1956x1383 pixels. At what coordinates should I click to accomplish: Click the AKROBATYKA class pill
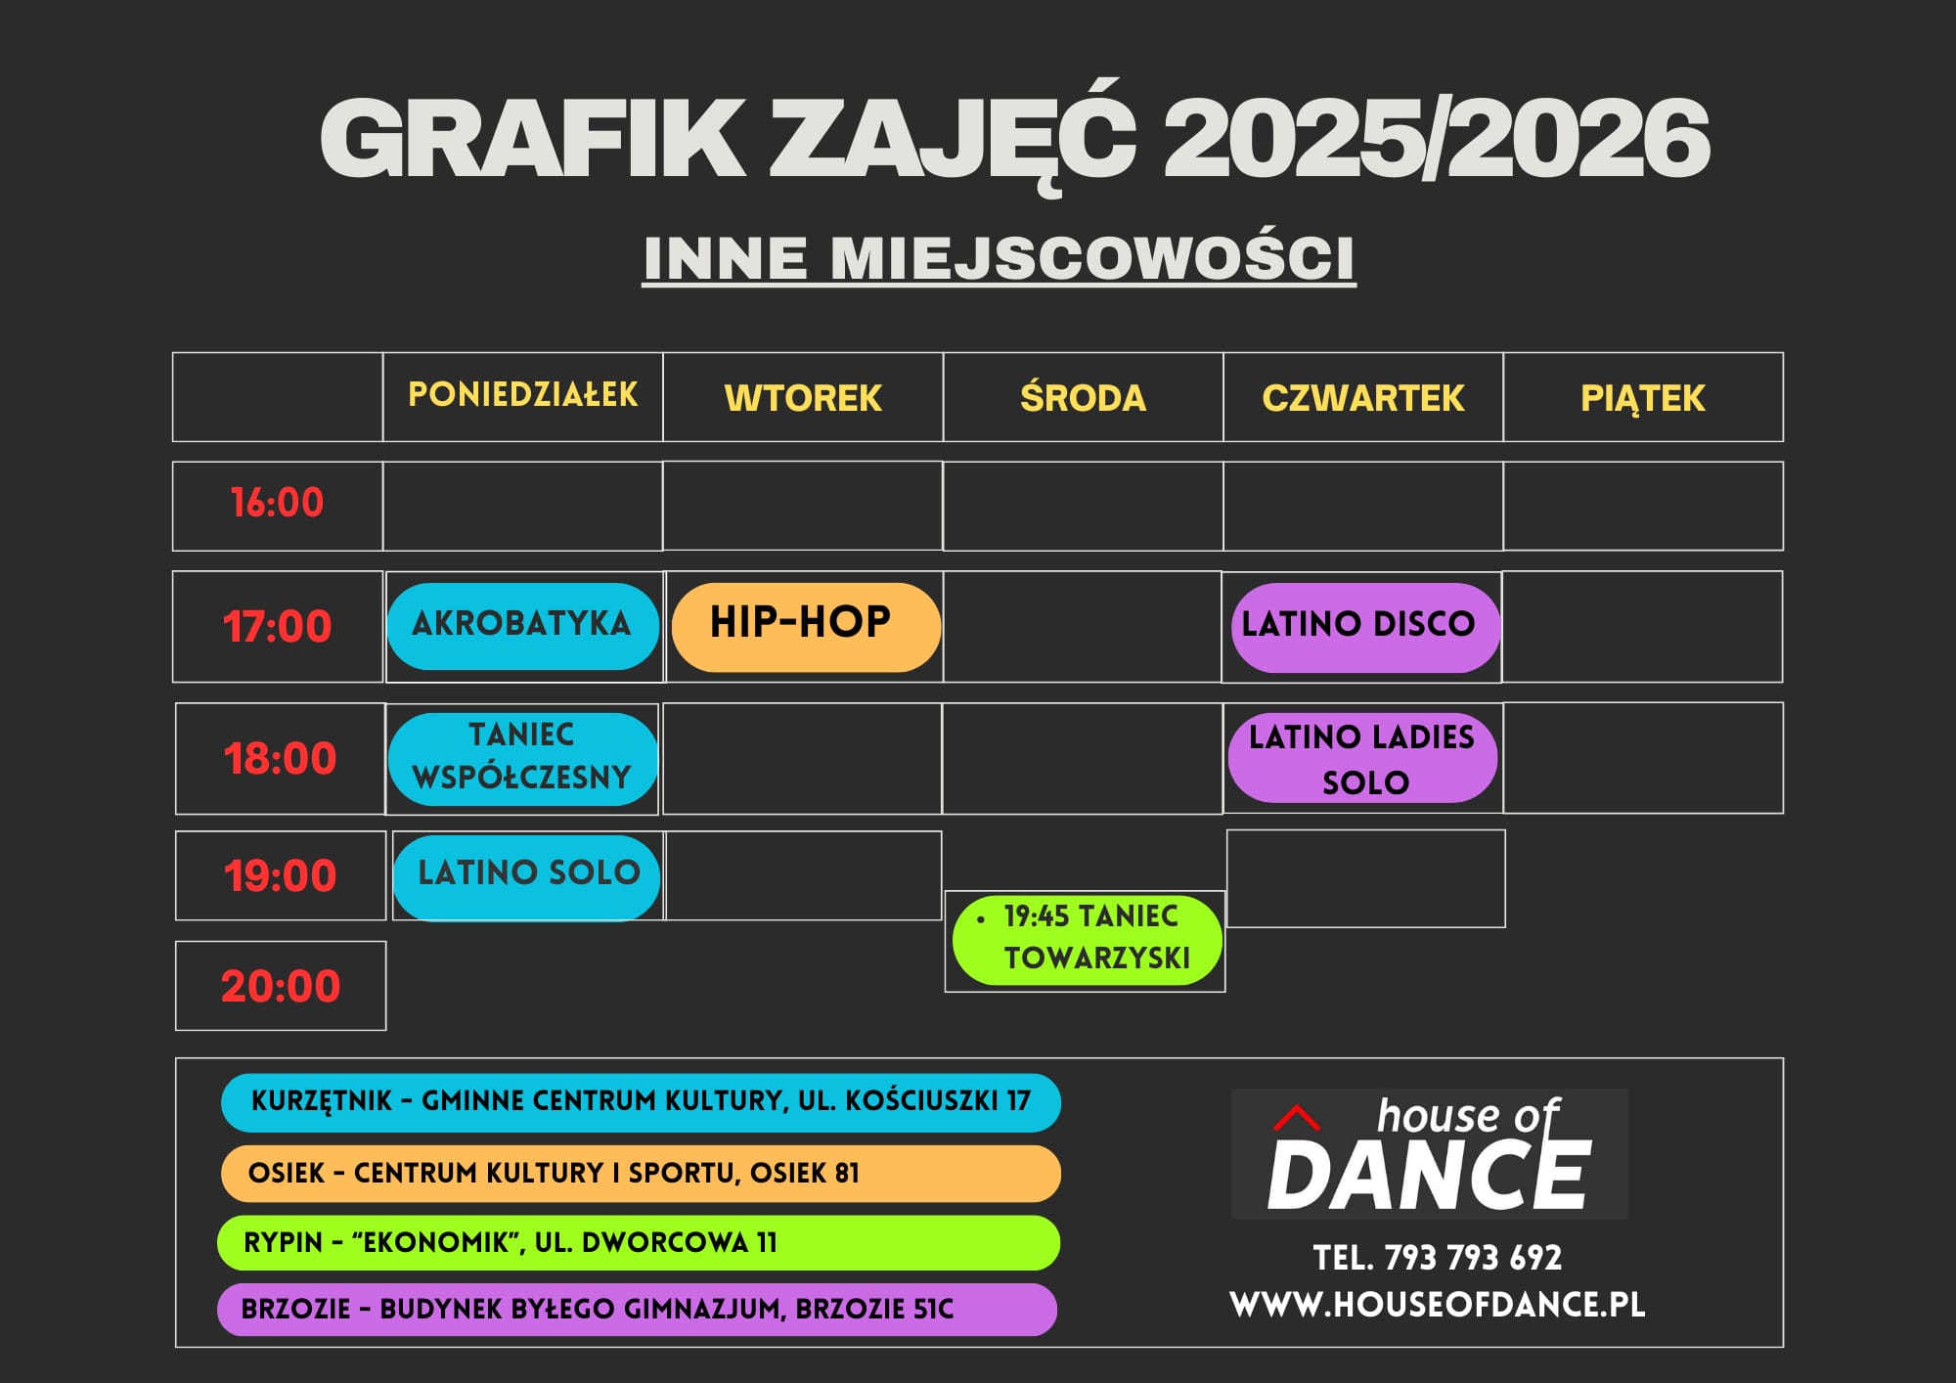click(x=523, y=626)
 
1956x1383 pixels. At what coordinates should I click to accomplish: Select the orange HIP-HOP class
click(x=806, y=627)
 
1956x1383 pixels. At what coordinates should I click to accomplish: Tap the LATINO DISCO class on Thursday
click(x=1365, y=627)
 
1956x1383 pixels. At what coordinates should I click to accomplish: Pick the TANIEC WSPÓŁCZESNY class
click(x=523, y=759)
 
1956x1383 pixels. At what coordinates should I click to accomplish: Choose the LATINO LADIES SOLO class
click(x=1362, y=758)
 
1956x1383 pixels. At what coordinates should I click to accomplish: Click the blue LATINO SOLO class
click(x=527, y=877)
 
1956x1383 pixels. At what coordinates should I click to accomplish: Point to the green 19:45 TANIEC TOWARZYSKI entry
click(x=1088, y=939)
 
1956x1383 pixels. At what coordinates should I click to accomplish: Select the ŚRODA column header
click(x=1083, y=398)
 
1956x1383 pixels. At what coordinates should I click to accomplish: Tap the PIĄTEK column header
click(x=1643, y=399)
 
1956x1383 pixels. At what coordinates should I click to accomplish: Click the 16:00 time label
click(x=277, y=503)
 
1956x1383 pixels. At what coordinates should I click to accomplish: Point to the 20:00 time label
click(x=281, y=986)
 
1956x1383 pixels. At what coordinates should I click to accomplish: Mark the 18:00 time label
click(x=281, y=758)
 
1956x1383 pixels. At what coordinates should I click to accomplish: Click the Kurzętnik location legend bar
click(x=641, y=1102)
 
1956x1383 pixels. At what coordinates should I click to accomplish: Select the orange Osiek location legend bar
click(x=641, y=1174)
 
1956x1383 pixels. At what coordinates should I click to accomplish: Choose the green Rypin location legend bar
click(x=639, y=1242)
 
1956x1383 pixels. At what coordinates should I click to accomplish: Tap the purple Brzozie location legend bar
click(x=637, y=1310)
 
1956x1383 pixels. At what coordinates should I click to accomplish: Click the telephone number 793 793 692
click(x=1473, y=1258)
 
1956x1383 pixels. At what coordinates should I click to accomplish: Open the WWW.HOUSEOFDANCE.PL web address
click(x=1438, y=1305)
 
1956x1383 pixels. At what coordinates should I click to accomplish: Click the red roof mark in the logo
click(x=1297, y=1118)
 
